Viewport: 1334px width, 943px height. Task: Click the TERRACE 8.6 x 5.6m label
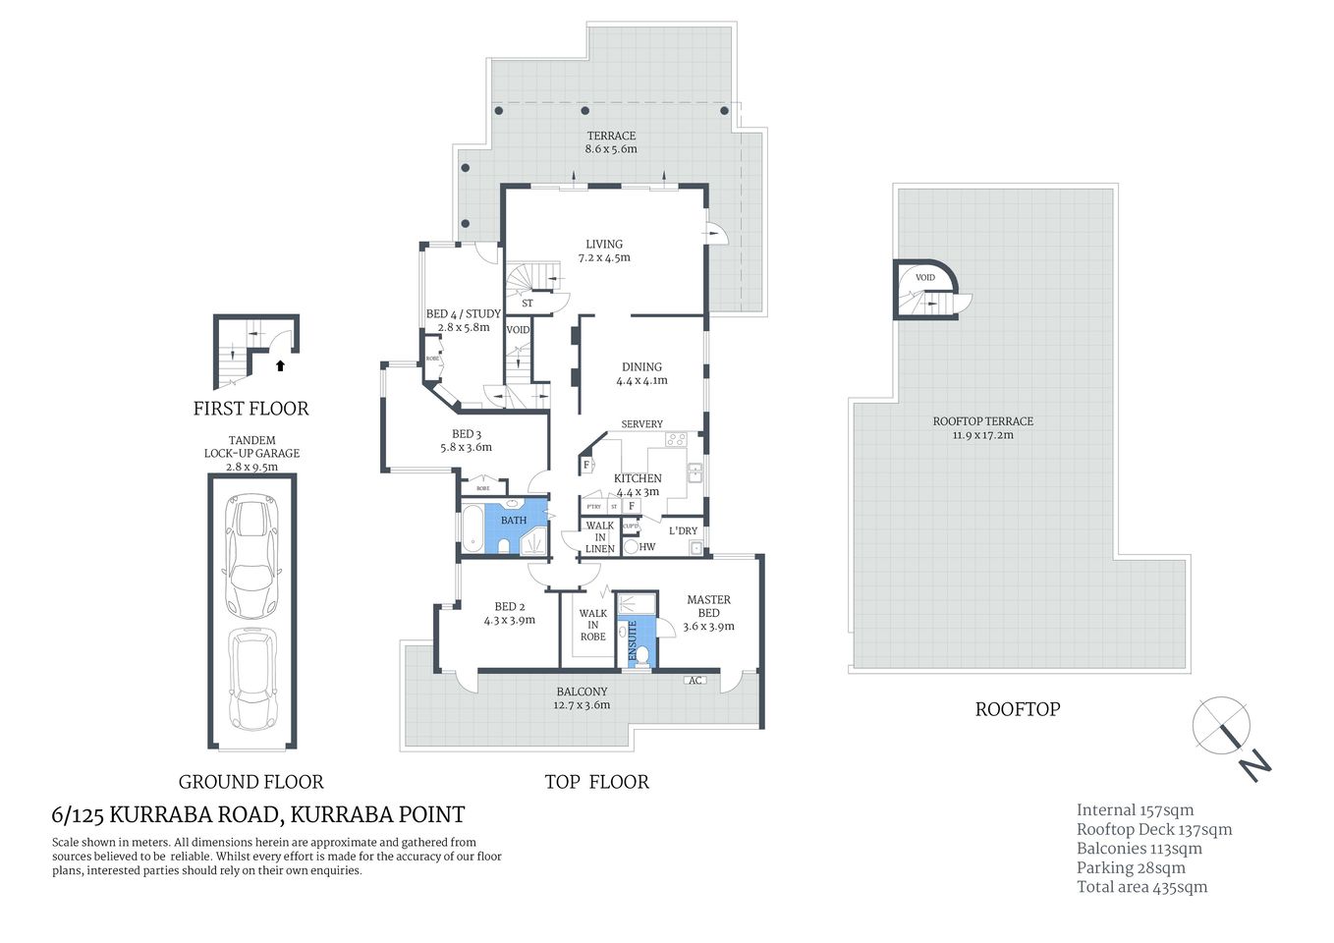[x=611, y=142]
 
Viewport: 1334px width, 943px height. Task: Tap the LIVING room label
[x=604, y=250]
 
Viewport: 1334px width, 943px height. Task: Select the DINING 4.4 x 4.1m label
[x=641, y=373]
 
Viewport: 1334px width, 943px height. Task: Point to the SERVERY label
[x=641, y=424]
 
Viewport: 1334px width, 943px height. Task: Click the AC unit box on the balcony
[x=695, y=681]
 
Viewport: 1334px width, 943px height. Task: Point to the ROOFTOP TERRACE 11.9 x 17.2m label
[x=982, y=427]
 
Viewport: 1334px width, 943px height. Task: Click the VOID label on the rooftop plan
[x=924, y=278]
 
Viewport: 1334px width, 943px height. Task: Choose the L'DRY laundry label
[x=683, y=530]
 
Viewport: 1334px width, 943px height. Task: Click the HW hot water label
[x=646, y=547]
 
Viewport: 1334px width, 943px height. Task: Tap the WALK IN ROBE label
[x=592, y=625]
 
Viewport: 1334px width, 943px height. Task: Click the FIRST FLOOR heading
[x=250, y=409]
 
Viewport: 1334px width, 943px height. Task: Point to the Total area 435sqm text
[x=1141, y=887]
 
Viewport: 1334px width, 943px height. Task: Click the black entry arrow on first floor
[x=280, y=365]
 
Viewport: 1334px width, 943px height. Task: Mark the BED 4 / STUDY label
[x=463, y=320]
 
